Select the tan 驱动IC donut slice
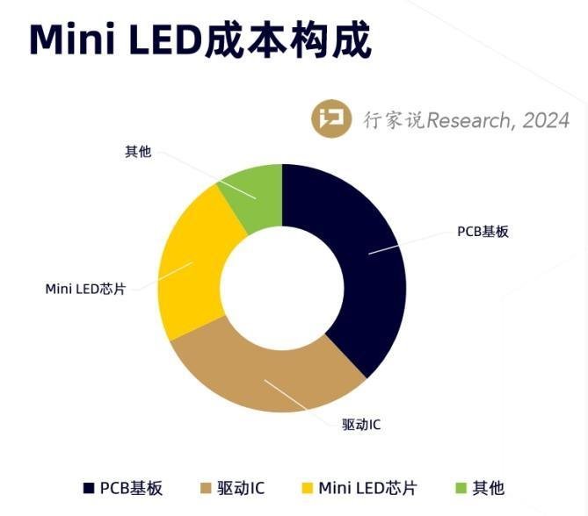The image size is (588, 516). [x=264, y=373]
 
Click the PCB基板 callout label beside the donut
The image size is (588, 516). [x=483, y=233]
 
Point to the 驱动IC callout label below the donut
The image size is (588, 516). [x=360, y=425]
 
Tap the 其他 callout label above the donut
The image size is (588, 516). [x=138, y=152]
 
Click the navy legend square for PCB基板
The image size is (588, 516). [x=89, y=488]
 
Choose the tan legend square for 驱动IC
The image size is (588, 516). [x=207, y=488]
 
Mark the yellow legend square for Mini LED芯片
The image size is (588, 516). [x=307, y=488]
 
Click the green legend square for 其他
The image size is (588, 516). [x=461, y=488]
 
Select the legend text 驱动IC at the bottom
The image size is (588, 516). [x=241, y=488]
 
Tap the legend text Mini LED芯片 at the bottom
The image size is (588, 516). [x=367, y=488]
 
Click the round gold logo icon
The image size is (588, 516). [x=332, y=120]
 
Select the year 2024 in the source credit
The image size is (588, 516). [x=546, y=120]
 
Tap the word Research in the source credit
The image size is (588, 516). [x=467, y=120]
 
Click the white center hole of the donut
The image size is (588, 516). [x=282, y=289]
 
